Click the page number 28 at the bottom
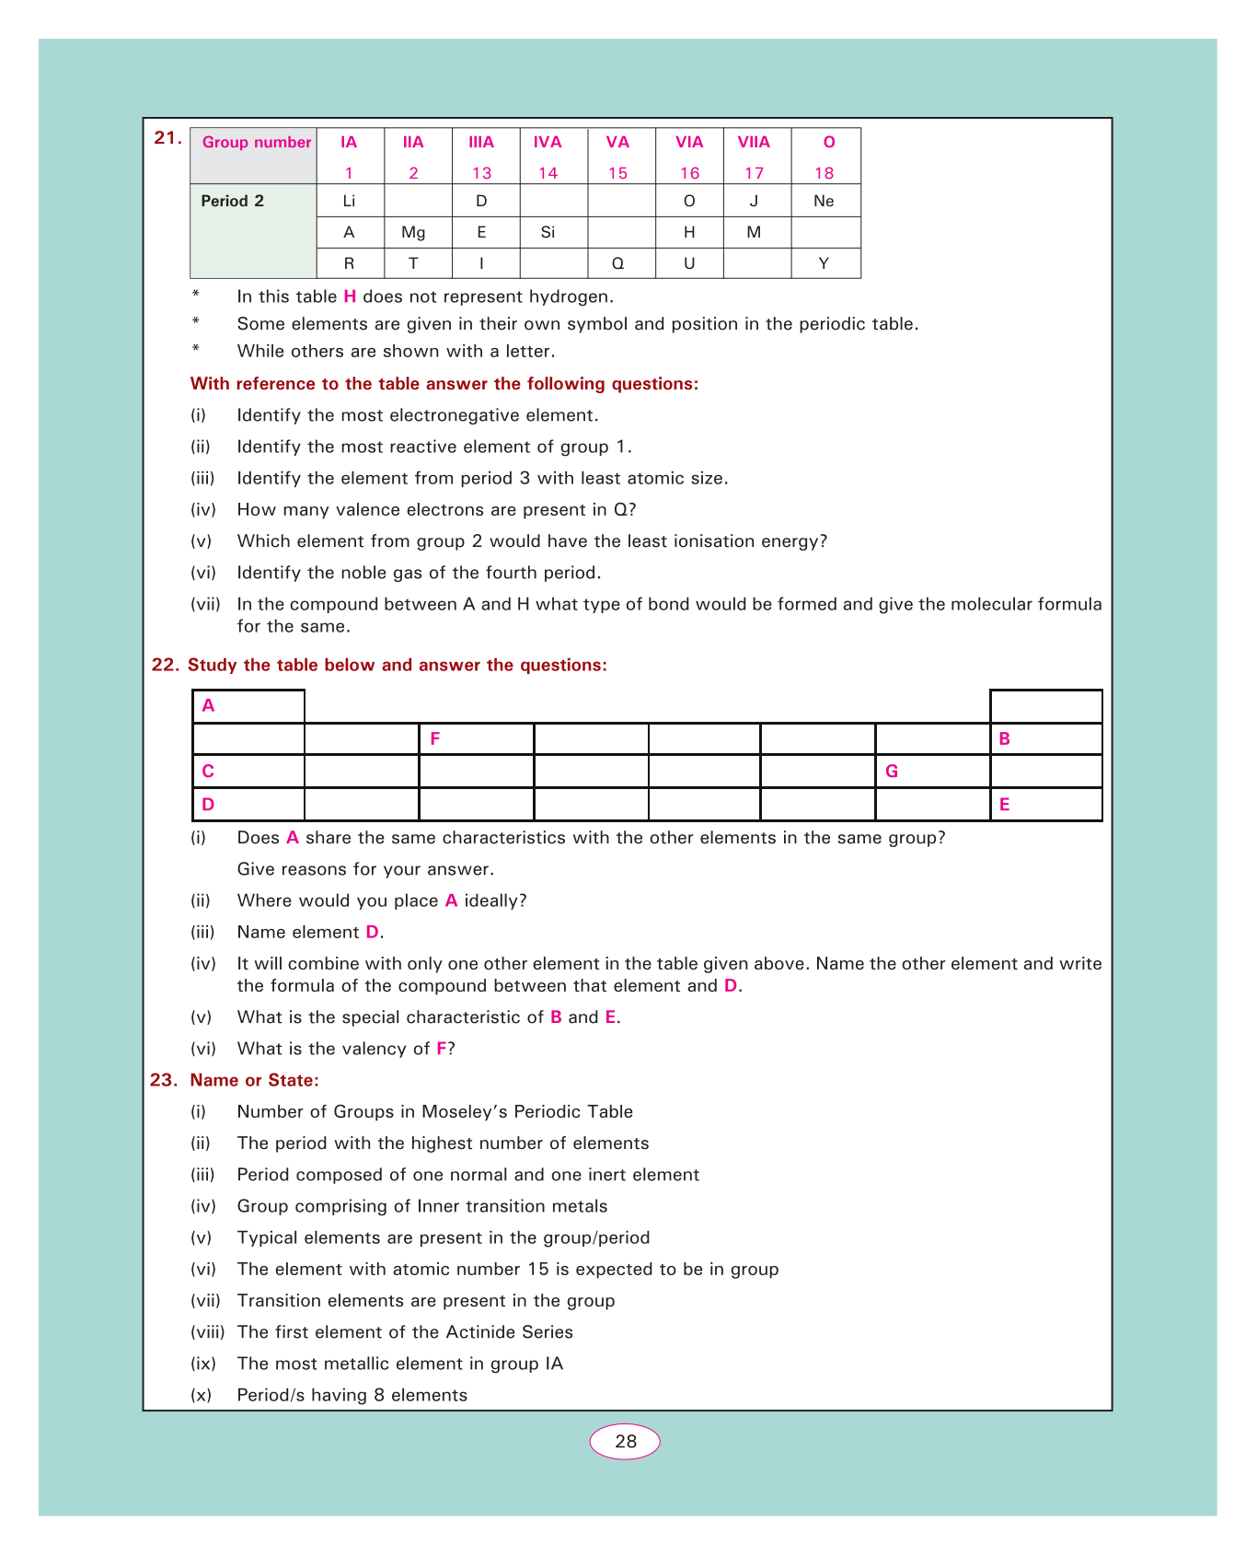[625, 1442]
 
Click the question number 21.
[167, 138]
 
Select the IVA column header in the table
[548, 142]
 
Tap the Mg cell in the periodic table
[413, 233]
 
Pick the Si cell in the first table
[548, 233]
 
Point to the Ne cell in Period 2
[824, 201]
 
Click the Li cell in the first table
[349, 201]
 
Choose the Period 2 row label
[233, 201]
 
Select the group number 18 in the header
[825, 173]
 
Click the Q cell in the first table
[618, 263]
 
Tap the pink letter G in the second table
[891, 772]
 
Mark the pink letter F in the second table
[435, 738]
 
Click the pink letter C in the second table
[208, 772]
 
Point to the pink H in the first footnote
[350, 296]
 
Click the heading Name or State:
[254, 1080]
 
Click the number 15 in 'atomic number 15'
[537, 1270]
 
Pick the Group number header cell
[257, 143]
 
